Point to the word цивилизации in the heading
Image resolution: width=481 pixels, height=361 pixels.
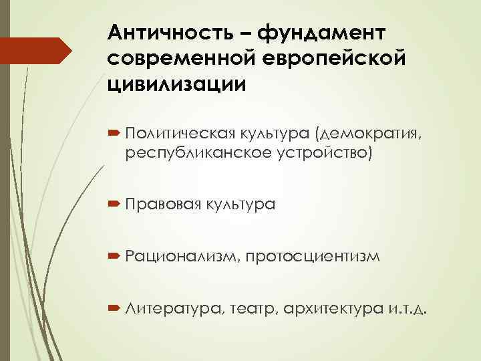coord(175,85)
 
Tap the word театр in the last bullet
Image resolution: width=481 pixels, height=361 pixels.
coord(253,309)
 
